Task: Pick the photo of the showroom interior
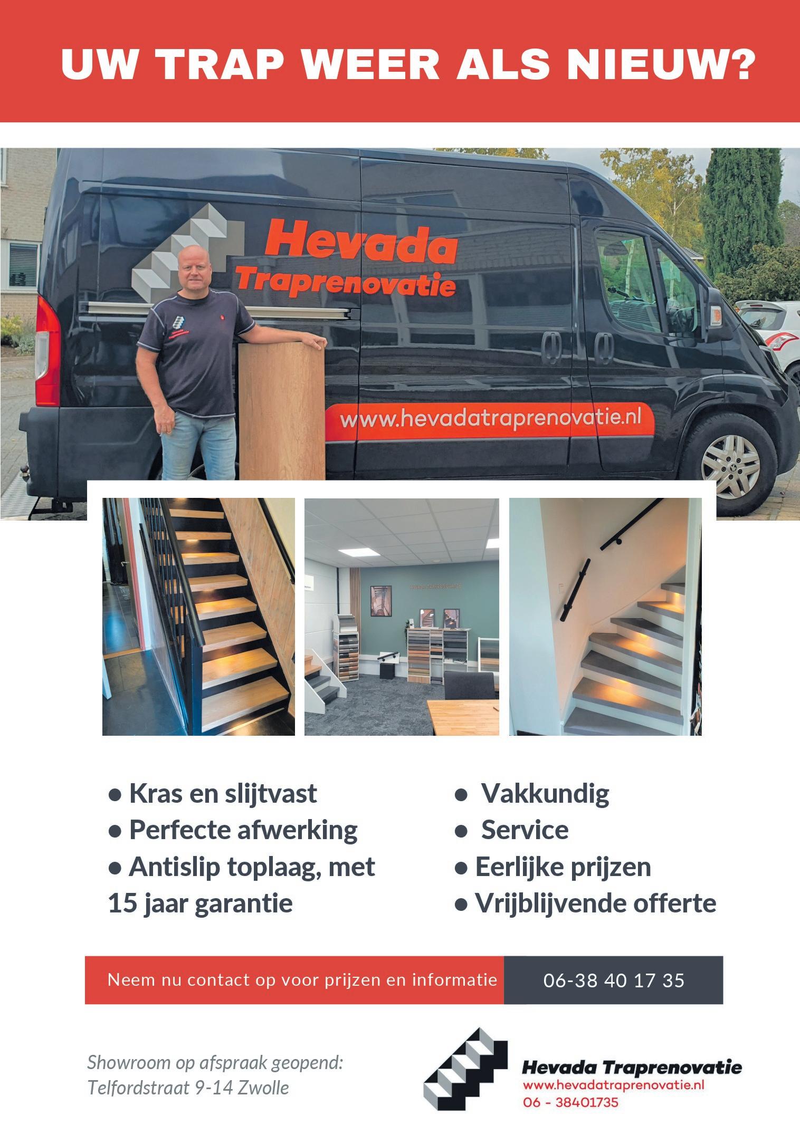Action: click(x=402, y=616)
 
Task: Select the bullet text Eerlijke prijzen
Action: click(x=553, y=867)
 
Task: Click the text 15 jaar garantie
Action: click(x=201, y=903)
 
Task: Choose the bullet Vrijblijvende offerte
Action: click(x=585, y=903)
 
